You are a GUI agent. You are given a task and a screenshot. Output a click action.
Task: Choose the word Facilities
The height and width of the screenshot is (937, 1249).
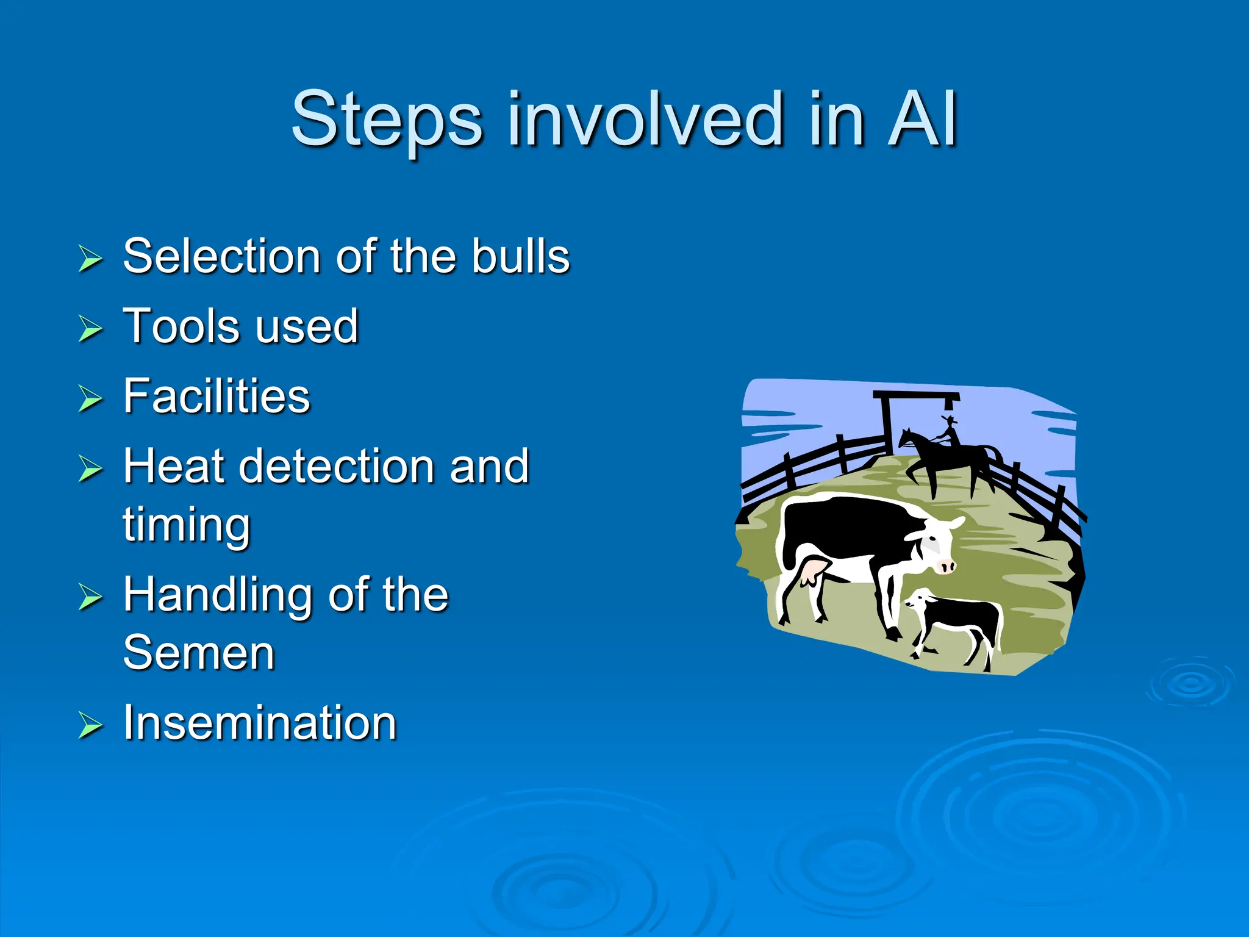point(217,396)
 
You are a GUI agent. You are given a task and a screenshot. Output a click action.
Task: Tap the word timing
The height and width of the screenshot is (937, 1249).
point(187,525)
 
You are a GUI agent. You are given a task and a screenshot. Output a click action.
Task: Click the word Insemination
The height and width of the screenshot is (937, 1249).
point(260,723)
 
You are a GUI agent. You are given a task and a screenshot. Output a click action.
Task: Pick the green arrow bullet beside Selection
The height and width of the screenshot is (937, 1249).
point(90,259)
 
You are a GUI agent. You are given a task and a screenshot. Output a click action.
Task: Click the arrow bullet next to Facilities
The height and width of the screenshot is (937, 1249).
point(90,399)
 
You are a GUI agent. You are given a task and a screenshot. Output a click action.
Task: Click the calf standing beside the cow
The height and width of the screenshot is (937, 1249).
point(957,622)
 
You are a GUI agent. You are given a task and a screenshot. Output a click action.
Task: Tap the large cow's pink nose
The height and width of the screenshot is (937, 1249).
point(946,567)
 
